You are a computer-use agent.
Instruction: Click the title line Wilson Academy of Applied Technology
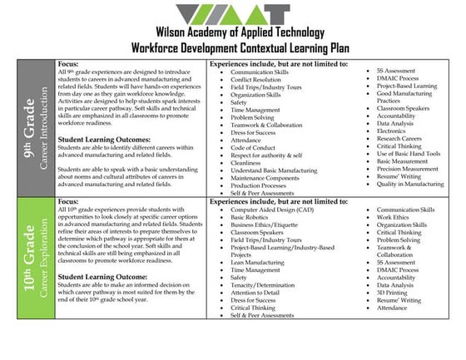[232, 38]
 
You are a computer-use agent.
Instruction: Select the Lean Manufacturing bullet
[257, 261]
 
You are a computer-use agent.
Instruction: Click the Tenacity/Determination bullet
[265, 285]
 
